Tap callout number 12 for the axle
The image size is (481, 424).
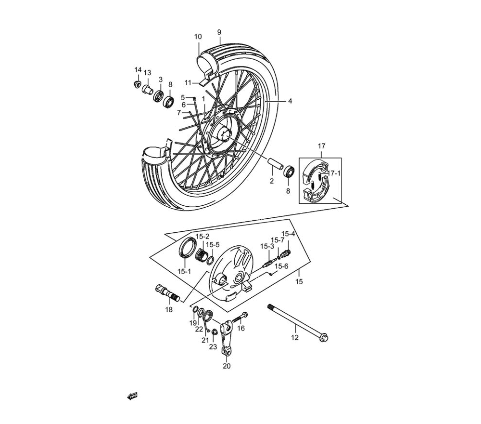294,337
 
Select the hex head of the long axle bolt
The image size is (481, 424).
323,338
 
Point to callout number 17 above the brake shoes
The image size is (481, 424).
321,146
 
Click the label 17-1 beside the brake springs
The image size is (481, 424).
334,173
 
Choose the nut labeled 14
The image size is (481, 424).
137,83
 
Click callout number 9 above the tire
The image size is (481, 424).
219,32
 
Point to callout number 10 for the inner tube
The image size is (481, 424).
198,37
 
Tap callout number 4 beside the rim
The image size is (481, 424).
290,101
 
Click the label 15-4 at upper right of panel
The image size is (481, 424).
288,234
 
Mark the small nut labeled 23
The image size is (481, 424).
215,333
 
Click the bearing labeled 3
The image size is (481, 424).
159,95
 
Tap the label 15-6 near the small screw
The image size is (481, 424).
281,266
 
